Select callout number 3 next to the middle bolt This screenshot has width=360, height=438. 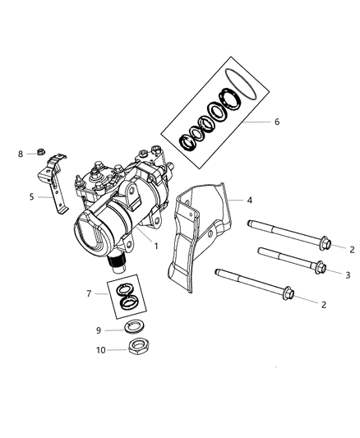[348, 274]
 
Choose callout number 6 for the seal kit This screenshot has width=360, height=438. [276, 122]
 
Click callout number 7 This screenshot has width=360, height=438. [89, 293]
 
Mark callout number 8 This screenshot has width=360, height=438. [21, 153]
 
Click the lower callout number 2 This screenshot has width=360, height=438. [323, 304]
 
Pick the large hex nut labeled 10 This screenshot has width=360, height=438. [130, 346]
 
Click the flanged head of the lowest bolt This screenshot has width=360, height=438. [288, 293]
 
